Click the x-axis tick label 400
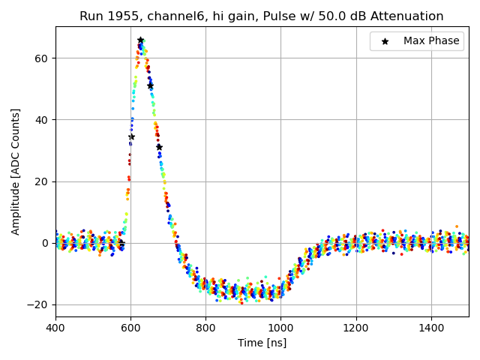55,328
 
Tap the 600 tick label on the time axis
130,328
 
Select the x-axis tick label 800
206,328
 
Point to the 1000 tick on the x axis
281,328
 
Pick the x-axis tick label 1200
356,328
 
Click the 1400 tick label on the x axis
431,328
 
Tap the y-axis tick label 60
42,58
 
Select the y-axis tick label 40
42,120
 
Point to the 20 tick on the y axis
42,181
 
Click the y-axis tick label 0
45,243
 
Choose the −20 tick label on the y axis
38,304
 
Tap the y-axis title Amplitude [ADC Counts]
16,172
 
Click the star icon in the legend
385,41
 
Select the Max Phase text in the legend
431,41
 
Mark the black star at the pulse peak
140,40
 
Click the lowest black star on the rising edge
131,136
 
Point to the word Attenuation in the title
409,16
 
